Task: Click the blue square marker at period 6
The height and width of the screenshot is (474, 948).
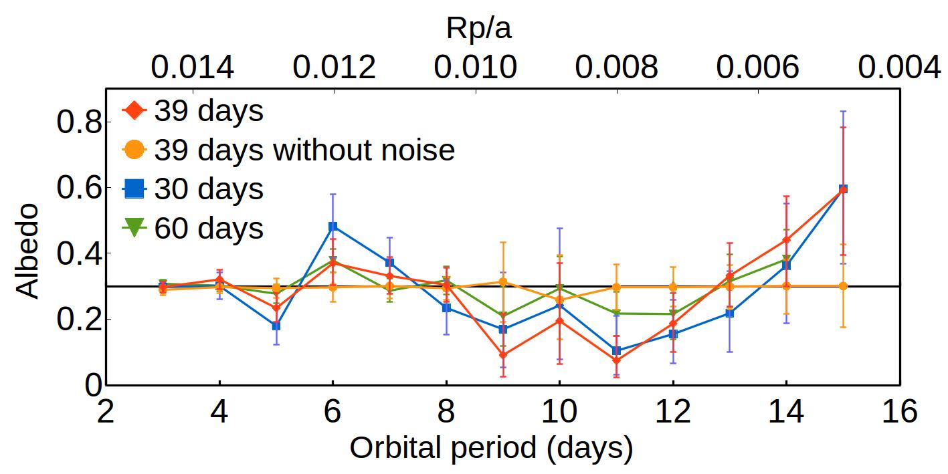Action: click(x=333, y=227)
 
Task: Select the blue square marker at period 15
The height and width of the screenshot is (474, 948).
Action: click(x=843, y=189)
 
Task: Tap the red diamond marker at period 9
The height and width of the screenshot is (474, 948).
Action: click(x=502, y=355)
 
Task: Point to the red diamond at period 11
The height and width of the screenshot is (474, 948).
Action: click(x=616, y=360)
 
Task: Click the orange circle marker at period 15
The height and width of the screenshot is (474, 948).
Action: click(x=843, y=286)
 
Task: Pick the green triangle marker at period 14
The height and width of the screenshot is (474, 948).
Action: click(x=786, y=259)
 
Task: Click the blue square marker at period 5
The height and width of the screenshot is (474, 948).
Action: click(x=276, y=326)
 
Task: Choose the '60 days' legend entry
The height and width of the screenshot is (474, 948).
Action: click(x=209, y=228)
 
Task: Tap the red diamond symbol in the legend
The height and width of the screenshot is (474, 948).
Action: click(x=134, y=111)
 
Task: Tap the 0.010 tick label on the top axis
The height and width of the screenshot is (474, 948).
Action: click(x=476, y=68)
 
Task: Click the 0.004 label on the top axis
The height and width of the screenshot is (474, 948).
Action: click(x=900, y=68)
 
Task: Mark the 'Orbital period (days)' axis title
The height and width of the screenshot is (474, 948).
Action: click(x=491, y=449)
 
